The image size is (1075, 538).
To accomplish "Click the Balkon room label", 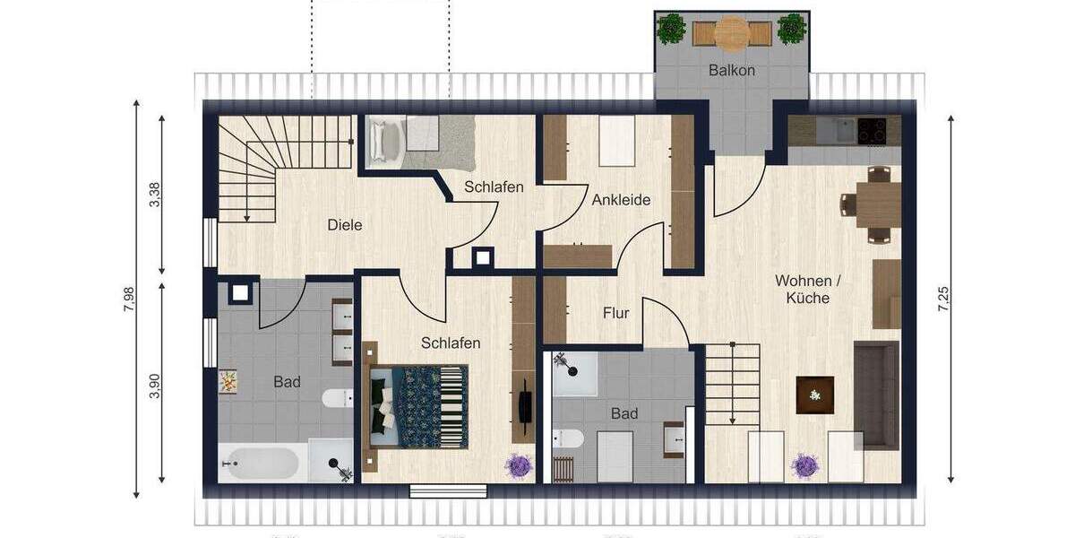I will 732,70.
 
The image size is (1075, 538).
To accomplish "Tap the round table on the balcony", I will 732,33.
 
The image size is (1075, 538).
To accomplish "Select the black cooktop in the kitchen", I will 873,131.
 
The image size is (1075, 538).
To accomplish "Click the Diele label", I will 345,225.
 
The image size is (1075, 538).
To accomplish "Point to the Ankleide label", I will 621,200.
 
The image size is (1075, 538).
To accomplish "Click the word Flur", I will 615,313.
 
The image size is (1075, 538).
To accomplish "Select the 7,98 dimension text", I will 128,299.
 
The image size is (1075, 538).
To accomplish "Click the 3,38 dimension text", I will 154,195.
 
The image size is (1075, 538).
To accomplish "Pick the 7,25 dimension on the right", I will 942,299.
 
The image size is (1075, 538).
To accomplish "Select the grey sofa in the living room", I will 875,395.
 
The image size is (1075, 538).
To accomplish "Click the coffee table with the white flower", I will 814,395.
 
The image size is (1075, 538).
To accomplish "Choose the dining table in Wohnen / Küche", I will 878,204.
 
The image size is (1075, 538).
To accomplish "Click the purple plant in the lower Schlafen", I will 518,465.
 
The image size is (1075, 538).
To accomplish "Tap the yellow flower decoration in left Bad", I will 228,381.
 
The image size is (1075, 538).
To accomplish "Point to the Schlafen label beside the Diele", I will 494,187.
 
